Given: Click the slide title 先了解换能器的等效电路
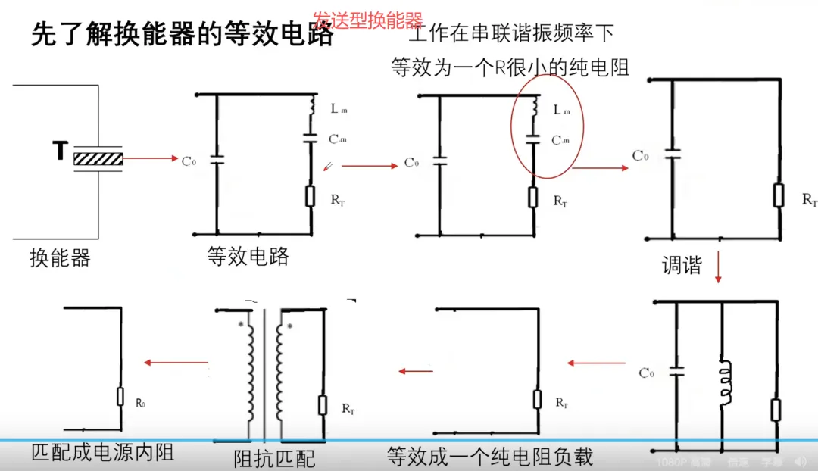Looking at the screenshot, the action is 183,35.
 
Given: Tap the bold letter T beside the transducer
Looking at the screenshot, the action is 59,151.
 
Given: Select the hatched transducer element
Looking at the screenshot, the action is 98,158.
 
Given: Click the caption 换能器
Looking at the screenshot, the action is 61,258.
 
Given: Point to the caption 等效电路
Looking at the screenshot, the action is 248,257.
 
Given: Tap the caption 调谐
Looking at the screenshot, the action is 682,265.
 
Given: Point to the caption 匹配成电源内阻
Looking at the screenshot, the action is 103,452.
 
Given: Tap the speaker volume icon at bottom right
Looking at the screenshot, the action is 800,461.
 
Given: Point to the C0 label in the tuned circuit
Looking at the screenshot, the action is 646,373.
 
